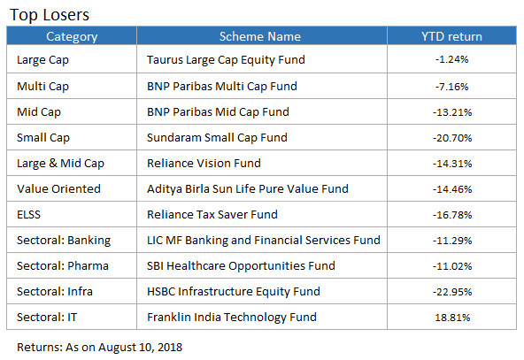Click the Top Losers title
(50, 15)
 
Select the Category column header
(72, 36)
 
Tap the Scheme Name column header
(260, 36)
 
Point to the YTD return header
(451, 36)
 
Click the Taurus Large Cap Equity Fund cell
(226, 60)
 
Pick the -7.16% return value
(451, 87)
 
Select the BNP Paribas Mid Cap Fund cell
(218, 112)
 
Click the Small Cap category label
(43, 138)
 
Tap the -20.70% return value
(452, 138)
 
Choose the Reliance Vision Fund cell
(204, 164)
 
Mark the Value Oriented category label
(58, 189)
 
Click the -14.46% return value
(452, 189)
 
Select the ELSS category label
(28, 214)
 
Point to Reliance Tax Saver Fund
(212, 214)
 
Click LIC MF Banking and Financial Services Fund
(264, 241)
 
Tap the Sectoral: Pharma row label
(63, 266)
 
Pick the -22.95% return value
(452, 292)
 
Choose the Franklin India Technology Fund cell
(232, 318)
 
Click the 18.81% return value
(452, 318)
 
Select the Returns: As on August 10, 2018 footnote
(100, 348)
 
